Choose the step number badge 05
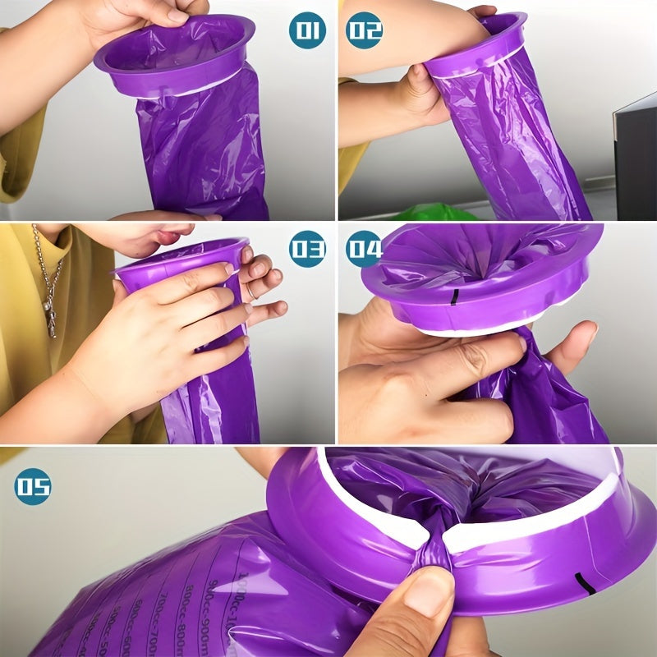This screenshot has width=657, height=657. click(x=33, y=486)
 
